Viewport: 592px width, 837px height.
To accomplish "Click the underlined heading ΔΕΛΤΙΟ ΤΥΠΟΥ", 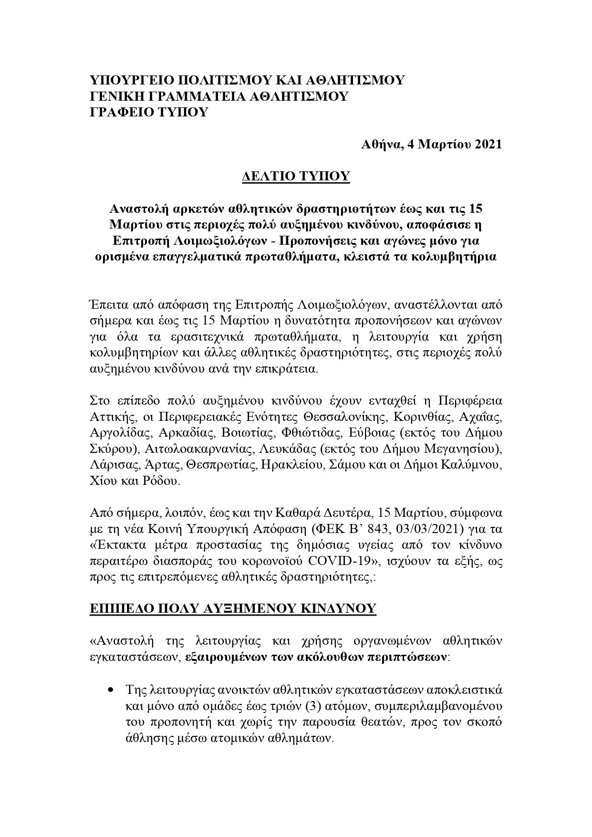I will tap(296, 176).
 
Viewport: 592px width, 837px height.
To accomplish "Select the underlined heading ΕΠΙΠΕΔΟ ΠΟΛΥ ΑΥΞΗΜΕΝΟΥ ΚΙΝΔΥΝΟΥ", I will tap(233, 608).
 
